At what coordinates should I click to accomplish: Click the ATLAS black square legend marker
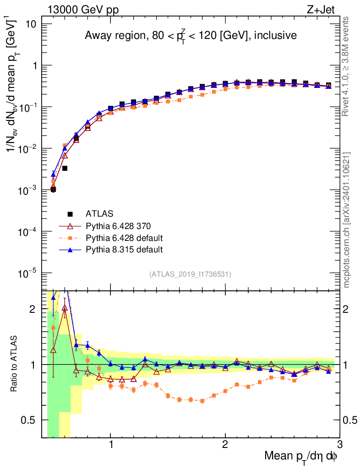(71, 214)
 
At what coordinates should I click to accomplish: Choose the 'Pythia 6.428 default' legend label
(125, 238)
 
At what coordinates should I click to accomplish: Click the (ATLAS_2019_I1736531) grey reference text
(190, 274)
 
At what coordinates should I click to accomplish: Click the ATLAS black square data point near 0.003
(65, 169)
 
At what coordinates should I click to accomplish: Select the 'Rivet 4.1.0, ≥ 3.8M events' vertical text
(347, 66)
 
